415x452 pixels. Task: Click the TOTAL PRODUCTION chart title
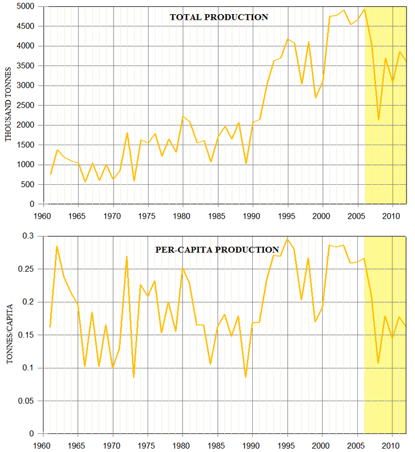(x=219, y=17)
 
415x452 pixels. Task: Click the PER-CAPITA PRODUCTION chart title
(x=217, y=249)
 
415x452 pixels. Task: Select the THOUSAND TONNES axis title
(x=9, y=105)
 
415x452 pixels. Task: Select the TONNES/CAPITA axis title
(x=9, y=334)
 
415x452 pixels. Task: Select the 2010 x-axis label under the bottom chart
(x=393, y=445)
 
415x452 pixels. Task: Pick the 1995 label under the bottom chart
(x=288, y=445)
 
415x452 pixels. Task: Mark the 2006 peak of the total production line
(x=365, y=9)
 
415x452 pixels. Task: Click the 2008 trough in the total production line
(x=378, y=119)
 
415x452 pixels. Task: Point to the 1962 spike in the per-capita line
(x=57, y=246)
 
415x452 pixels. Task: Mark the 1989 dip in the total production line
(x=246, y=163)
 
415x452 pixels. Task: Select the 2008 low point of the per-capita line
(x=378, y=363)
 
